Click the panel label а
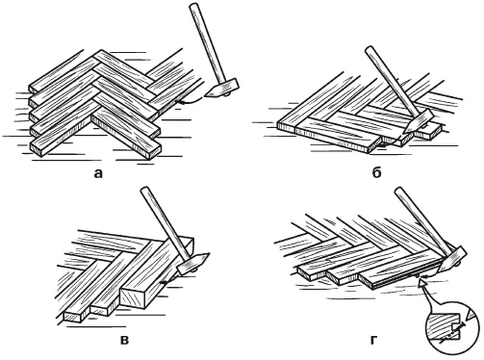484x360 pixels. coord(98,174)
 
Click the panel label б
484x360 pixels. coord(376,173)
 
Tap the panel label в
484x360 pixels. coord(124,340)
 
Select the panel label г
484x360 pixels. coord(372,340)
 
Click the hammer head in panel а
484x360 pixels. coord(222,89)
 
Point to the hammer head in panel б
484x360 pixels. coord(419,122)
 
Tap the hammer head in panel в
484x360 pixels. coord(193,263)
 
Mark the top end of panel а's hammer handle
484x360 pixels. coord(193,6)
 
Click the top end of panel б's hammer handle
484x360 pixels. coord(369,50)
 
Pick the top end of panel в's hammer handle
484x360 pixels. coord(145,190)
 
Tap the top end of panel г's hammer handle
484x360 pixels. coord(398,191)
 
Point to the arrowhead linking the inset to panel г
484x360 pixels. coord(423,283)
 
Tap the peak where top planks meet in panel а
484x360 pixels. coord(101,50)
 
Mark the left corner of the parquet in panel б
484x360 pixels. coord(277,123)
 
